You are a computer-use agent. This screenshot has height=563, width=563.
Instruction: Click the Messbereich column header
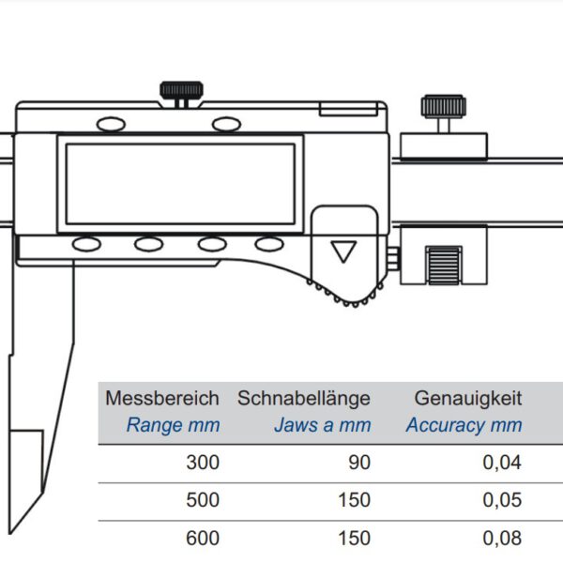[x=162, y=398]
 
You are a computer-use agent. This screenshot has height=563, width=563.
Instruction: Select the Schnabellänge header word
[x=304, y=399]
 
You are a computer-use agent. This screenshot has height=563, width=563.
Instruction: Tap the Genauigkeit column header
[x=468, y=399]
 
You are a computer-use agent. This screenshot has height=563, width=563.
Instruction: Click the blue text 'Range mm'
[x=173, y=425]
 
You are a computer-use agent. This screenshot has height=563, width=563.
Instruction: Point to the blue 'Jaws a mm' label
[x=323, y=425]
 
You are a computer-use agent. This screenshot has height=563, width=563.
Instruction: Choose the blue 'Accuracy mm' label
[x=464, y=425]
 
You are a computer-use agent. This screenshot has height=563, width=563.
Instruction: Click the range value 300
[x=203, y=463]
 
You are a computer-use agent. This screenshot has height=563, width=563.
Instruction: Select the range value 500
[x=203, y=500]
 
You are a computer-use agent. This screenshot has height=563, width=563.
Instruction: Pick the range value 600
[x=203, y=539]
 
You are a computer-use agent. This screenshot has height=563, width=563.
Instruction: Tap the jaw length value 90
[x=359, y=463]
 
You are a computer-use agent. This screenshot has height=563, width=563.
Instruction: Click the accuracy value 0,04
[x=502, y=463]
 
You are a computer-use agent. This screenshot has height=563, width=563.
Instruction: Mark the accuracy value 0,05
[x=502, y=500]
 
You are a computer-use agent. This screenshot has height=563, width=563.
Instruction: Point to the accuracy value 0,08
[x=502, y=539]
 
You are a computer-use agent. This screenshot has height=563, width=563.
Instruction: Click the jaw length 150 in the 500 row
[x=355, y=500]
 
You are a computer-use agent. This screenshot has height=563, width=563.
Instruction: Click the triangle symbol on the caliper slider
[x=343, y=251]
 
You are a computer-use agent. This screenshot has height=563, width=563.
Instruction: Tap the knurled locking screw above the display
[x=181, y=91]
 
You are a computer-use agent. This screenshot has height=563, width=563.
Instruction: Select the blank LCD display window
[x=180, y=184]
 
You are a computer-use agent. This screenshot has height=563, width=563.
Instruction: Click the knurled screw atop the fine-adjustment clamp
[x=444, y=107]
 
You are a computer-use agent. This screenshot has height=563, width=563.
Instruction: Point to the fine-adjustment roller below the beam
[x=444, y=266]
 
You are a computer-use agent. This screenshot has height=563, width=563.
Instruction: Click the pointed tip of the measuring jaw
[x=10, y=533]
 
